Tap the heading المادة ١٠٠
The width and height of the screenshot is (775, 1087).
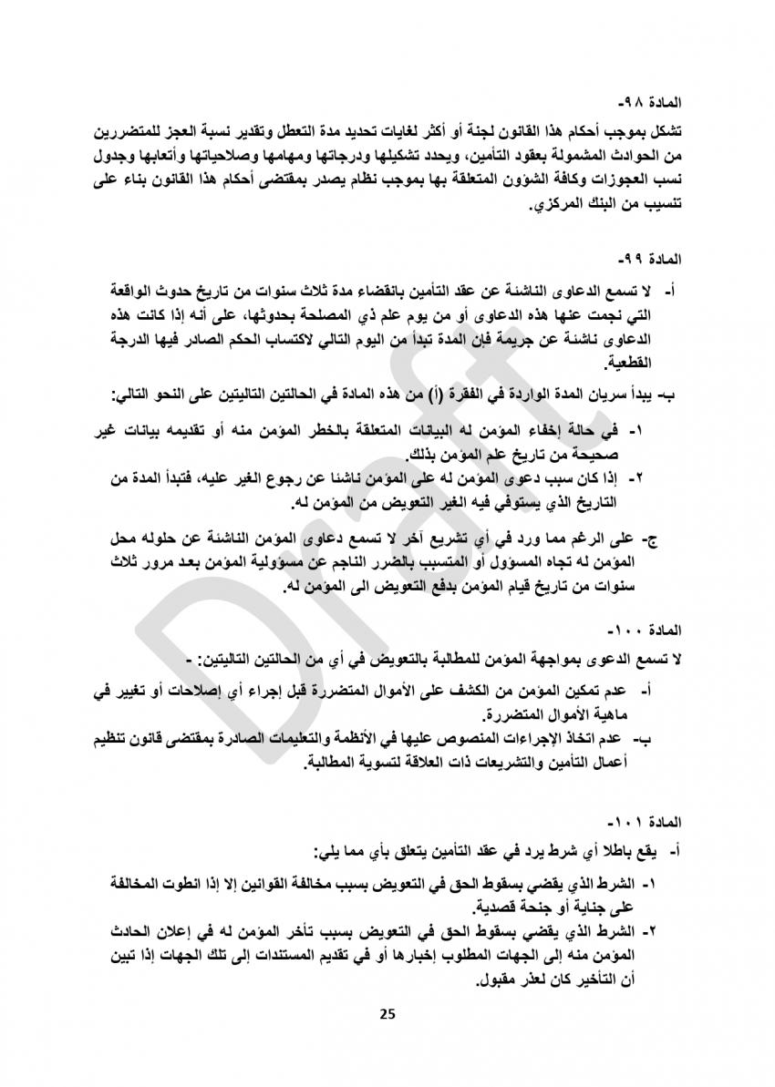coord(639,630)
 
